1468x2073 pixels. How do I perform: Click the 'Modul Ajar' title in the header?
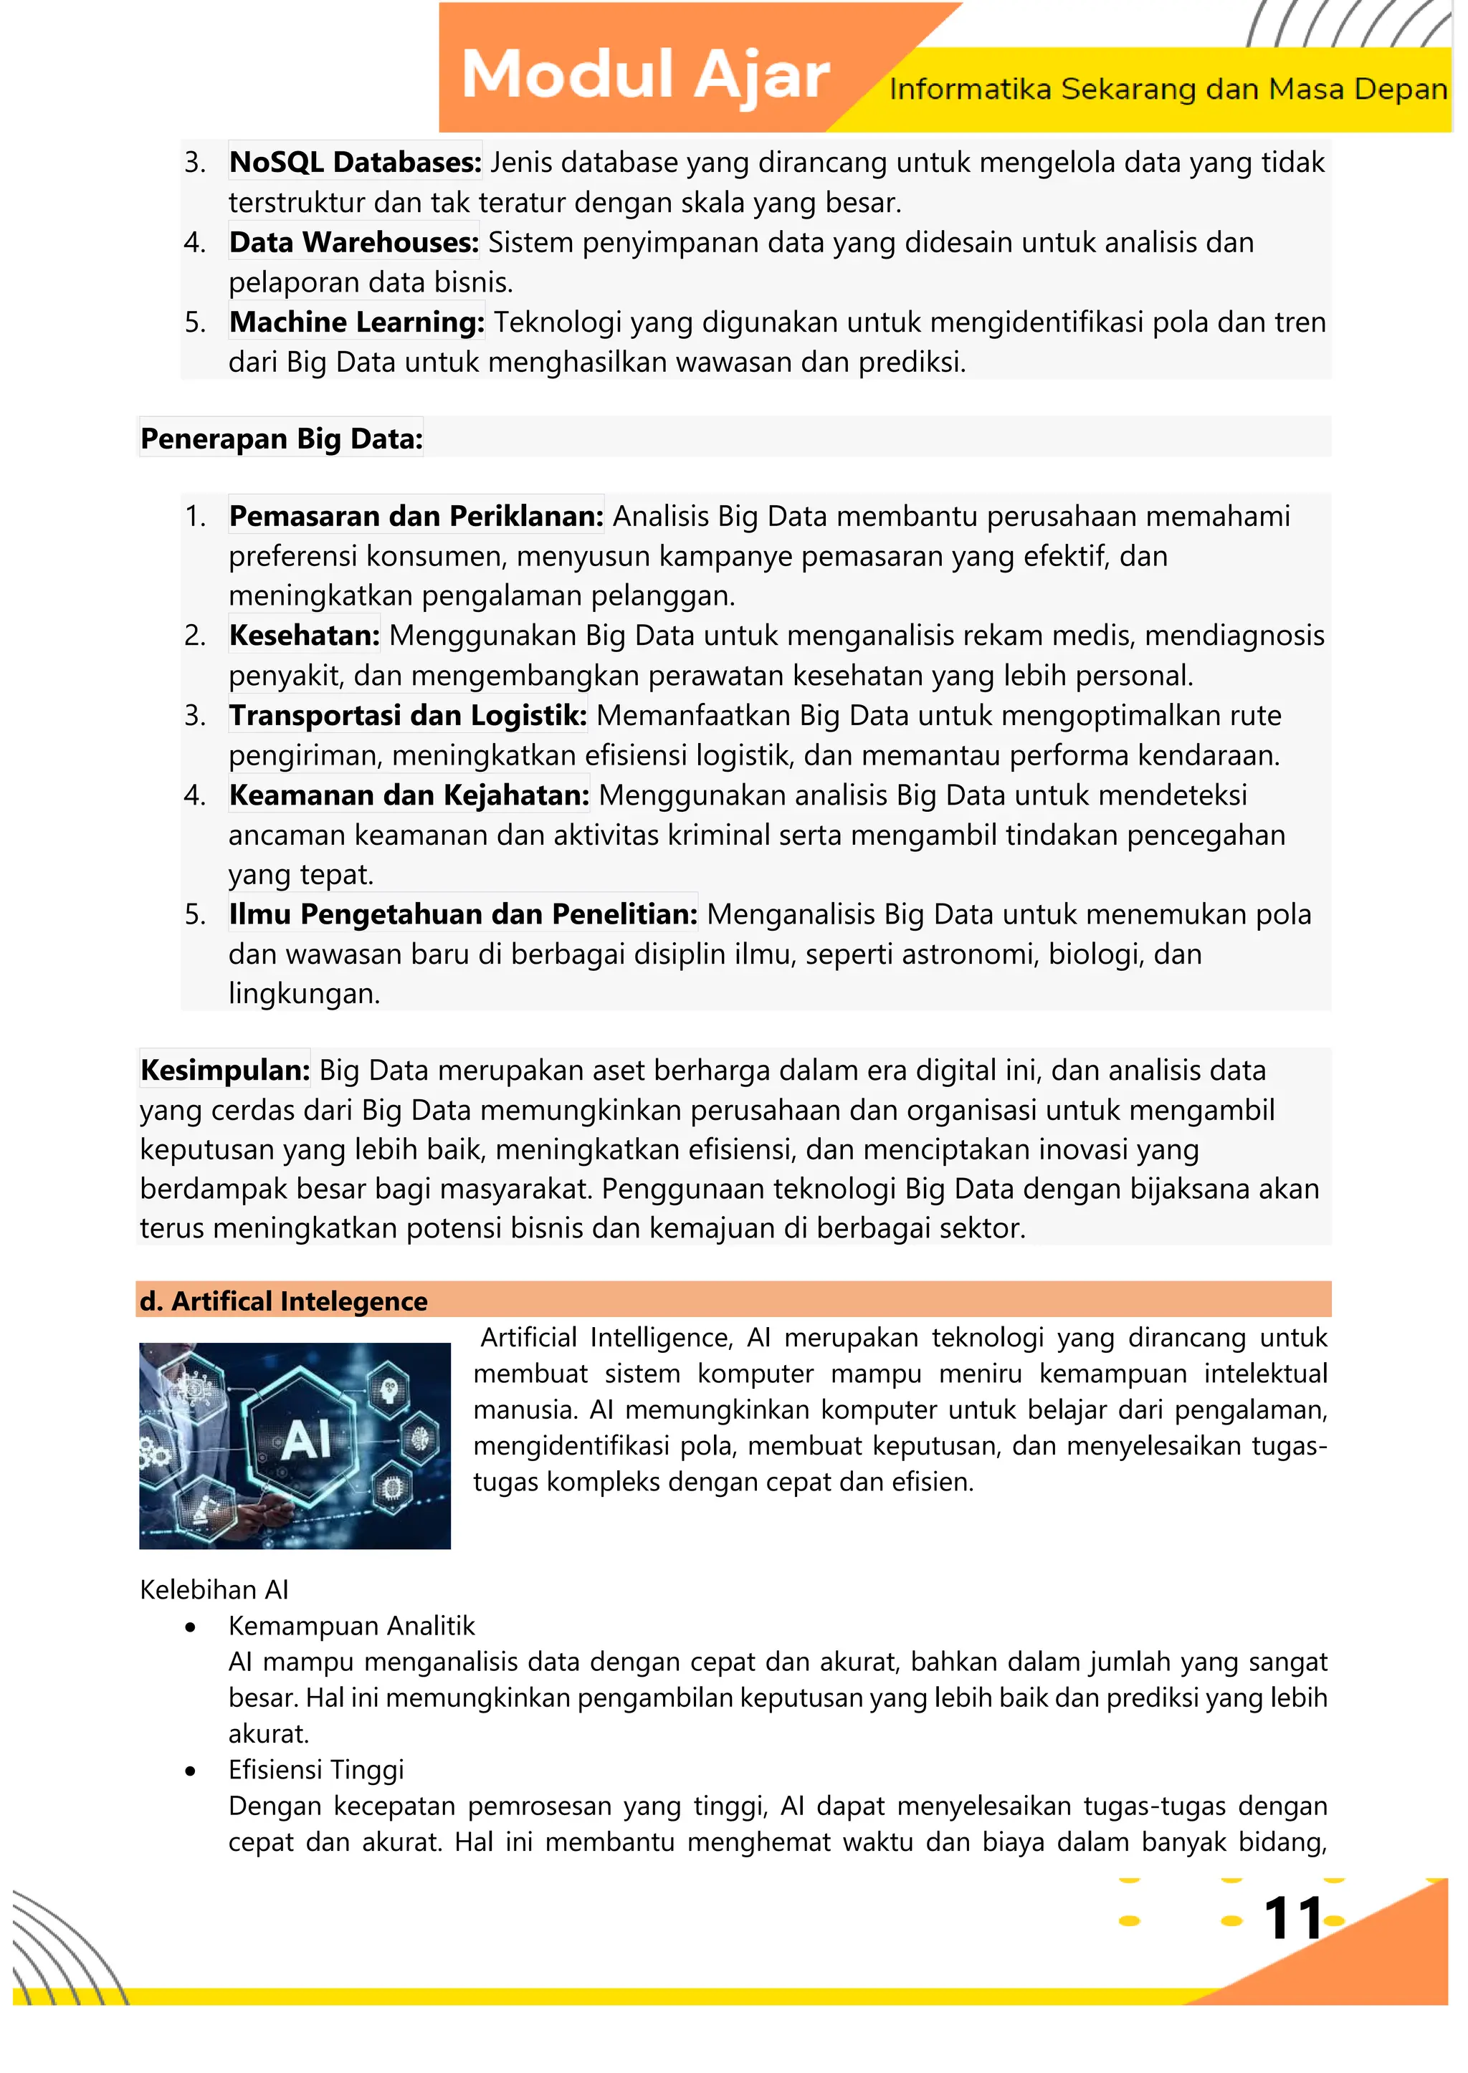644,75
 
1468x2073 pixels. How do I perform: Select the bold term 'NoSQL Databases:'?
354,162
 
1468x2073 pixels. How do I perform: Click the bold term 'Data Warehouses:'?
353,242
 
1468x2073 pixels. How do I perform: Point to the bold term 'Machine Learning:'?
356,322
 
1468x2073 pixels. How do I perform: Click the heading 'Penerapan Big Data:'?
281,439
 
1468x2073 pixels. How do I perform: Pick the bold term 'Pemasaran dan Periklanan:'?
416,516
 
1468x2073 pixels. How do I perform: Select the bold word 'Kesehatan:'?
304,636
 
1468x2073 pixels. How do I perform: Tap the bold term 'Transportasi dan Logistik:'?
408,715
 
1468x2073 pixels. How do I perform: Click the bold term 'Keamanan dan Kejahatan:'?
409,795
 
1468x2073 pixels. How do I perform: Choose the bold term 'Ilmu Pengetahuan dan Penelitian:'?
463,914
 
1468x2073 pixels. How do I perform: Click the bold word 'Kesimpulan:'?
225,1070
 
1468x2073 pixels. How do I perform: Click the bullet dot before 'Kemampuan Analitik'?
190,1627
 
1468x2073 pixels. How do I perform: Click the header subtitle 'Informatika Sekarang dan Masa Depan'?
1167,90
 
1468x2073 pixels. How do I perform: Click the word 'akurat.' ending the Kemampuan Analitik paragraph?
269,1733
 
